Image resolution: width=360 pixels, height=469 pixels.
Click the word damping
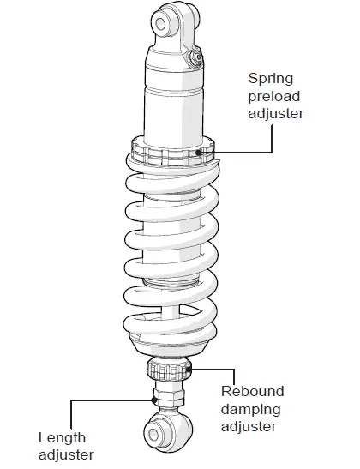pos(253,409)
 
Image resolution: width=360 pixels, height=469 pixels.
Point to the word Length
pos(62,437)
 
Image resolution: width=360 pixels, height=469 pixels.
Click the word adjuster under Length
pos(66,454)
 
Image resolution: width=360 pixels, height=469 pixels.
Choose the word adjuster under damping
pos(250,426)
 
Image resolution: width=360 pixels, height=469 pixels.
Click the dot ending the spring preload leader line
pos(199,152)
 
